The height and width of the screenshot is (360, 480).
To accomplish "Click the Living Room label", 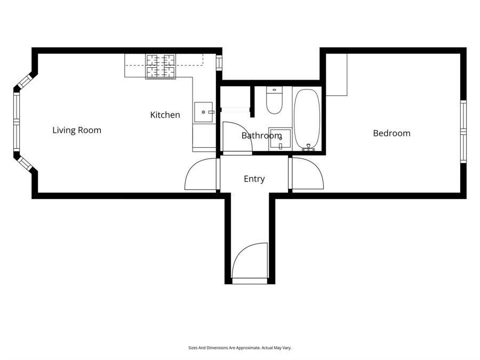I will (x=77, y=130).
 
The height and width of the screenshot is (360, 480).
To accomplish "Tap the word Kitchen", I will (x=165, y=115).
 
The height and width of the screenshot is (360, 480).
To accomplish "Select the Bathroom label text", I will (x=261, y=135).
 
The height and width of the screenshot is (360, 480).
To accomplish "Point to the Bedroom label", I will (x=391, y=133).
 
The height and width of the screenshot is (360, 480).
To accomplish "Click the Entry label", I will (x=254, y=179).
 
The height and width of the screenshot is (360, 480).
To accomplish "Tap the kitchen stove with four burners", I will (x=161, y=67).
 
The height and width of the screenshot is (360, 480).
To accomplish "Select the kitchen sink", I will (x=203, y=112).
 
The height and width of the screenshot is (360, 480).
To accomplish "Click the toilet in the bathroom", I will (x=274, y=101).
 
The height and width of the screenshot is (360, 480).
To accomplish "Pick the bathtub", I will (x=307, y=118).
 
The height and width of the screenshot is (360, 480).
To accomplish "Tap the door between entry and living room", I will (x=201, y=175).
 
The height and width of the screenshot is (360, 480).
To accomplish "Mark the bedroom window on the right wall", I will (x=463, y=131).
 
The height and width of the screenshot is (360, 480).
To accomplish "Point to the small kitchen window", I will (x=219, y=61).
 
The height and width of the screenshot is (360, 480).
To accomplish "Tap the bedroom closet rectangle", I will (x=337, y=75).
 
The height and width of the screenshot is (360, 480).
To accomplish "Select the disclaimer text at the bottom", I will (x=240, y=348).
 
